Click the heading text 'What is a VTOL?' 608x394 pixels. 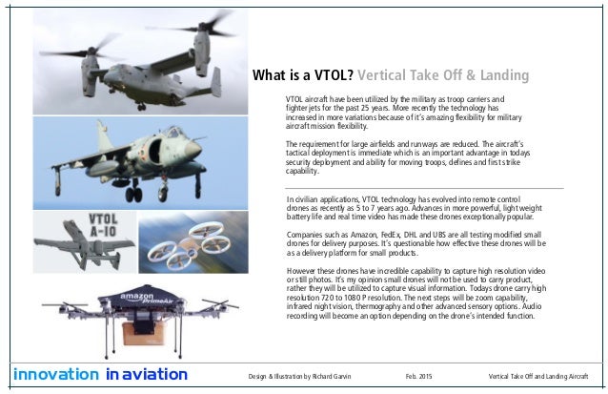(301, 75)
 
